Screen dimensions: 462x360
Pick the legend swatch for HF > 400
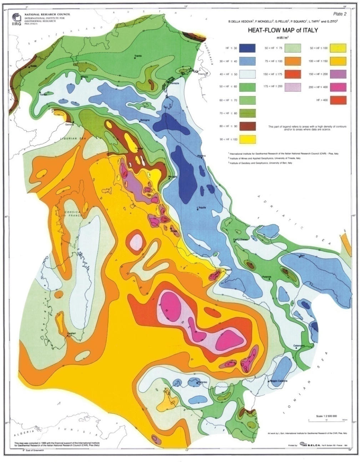(x=338, y=100)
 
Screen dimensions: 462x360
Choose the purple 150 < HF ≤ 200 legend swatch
(x=338, y=74)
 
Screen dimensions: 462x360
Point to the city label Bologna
(x=145, y=120)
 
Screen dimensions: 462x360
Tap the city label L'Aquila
(x=201, y=208)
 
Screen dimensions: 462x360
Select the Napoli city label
(x=228, y=270)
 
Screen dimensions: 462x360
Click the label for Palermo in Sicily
(x=202, y=382)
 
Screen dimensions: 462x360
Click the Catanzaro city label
(x=299, y=346)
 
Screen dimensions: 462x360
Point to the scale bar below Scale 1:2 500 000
(x=327, y=421)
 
